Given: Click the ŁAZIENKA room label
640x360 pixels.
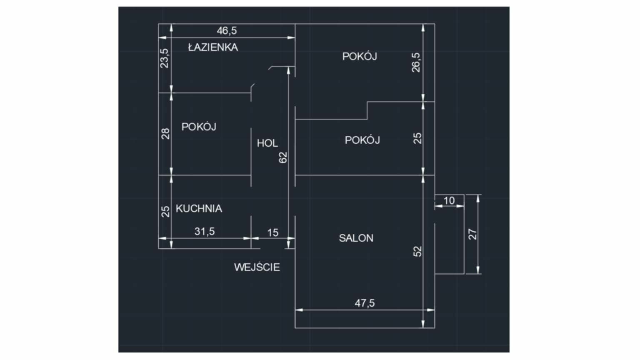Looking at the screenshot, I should [213, 47].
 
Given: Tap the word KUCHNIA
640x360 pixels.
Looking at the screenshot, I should [199, 209].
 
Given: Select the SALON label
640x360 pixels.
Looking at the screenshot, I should [356, 238].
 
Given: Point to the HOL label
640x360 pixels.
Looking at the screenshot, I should [267, 143].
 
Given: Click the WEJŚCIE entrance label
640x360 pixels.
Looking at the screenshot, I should [257, 267].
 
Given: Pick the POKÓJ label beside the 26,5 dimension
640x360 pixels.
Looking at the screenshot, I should [360, 56].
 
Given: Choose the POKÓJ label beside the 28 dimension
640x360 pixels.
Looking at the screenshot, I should [199, 127].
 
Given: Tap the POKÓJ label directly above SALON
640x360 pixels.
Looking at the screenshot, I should [362, 140].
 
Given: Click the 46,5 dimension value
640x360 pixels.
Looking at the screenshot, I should [227, 30].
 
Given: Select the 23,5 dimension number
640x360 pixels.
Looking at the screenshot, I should [165, 58].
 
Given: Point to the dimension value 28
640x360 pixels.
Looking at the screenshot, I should [165, 134].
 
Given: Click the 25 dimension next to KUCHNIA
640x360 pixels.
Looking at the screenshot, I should [165, 211].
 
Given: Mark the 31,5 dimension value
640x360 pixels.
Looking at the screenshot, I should [205, 231].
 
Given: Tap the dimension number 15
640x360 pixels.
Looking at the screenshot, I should [272, 232].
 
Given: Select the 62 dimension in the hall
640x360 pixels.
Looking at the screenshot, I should [283, 157].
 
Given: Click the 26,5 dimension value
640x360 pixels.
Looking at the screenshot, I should [416, 62].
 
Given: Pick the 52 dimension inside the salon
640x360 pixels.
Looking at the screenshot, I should [417, 251].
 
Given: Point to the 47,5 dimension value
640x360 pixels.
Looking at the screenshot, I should [365, 303].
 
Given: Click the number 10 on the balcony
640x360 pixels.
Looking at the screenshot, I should [449, 201].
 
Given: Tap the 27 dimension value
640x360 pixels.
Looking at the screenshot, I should [472, 234].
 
